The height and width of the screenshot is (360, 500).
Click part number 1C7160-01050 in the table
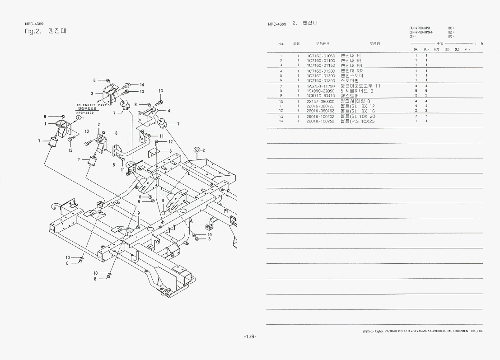point(321,56)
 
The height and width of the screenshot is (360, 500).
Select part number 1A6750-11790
point(321,86)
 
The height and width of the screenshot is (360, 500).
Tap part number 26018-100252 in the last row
point(321,122)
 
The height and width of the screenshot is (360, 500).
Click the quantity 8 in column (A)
point(416,91)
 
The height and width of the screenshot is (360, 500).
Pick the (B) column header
point(426,49)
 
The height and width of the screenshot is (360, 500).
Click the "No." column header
point(281,44)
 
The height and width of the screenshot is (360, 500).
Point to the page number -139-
point(250,337)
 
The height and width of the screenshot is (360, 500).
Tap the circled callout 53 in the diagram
point(196,150)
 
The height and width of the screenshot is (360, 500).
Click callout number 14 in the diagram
point(141,85)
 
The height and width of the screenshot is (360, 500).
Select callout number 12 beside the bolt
point(170,142)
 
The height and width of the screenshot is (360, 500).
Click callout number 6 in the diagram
point(170,151)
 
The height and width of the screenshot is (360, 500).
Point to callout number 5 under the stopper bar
point(114,165)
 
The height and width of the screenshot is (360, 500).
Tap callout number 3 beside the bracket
point(92,94)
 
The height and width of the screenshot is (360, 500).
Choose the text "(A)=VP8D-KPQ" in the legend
point(420,28)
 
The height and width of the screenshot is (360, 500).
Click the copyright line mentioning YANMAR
point(423,331)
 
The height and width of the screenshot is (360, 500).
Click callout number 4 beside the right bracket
point(168,111)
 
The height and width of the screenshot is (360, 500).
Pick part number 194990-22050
point(321,91)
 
